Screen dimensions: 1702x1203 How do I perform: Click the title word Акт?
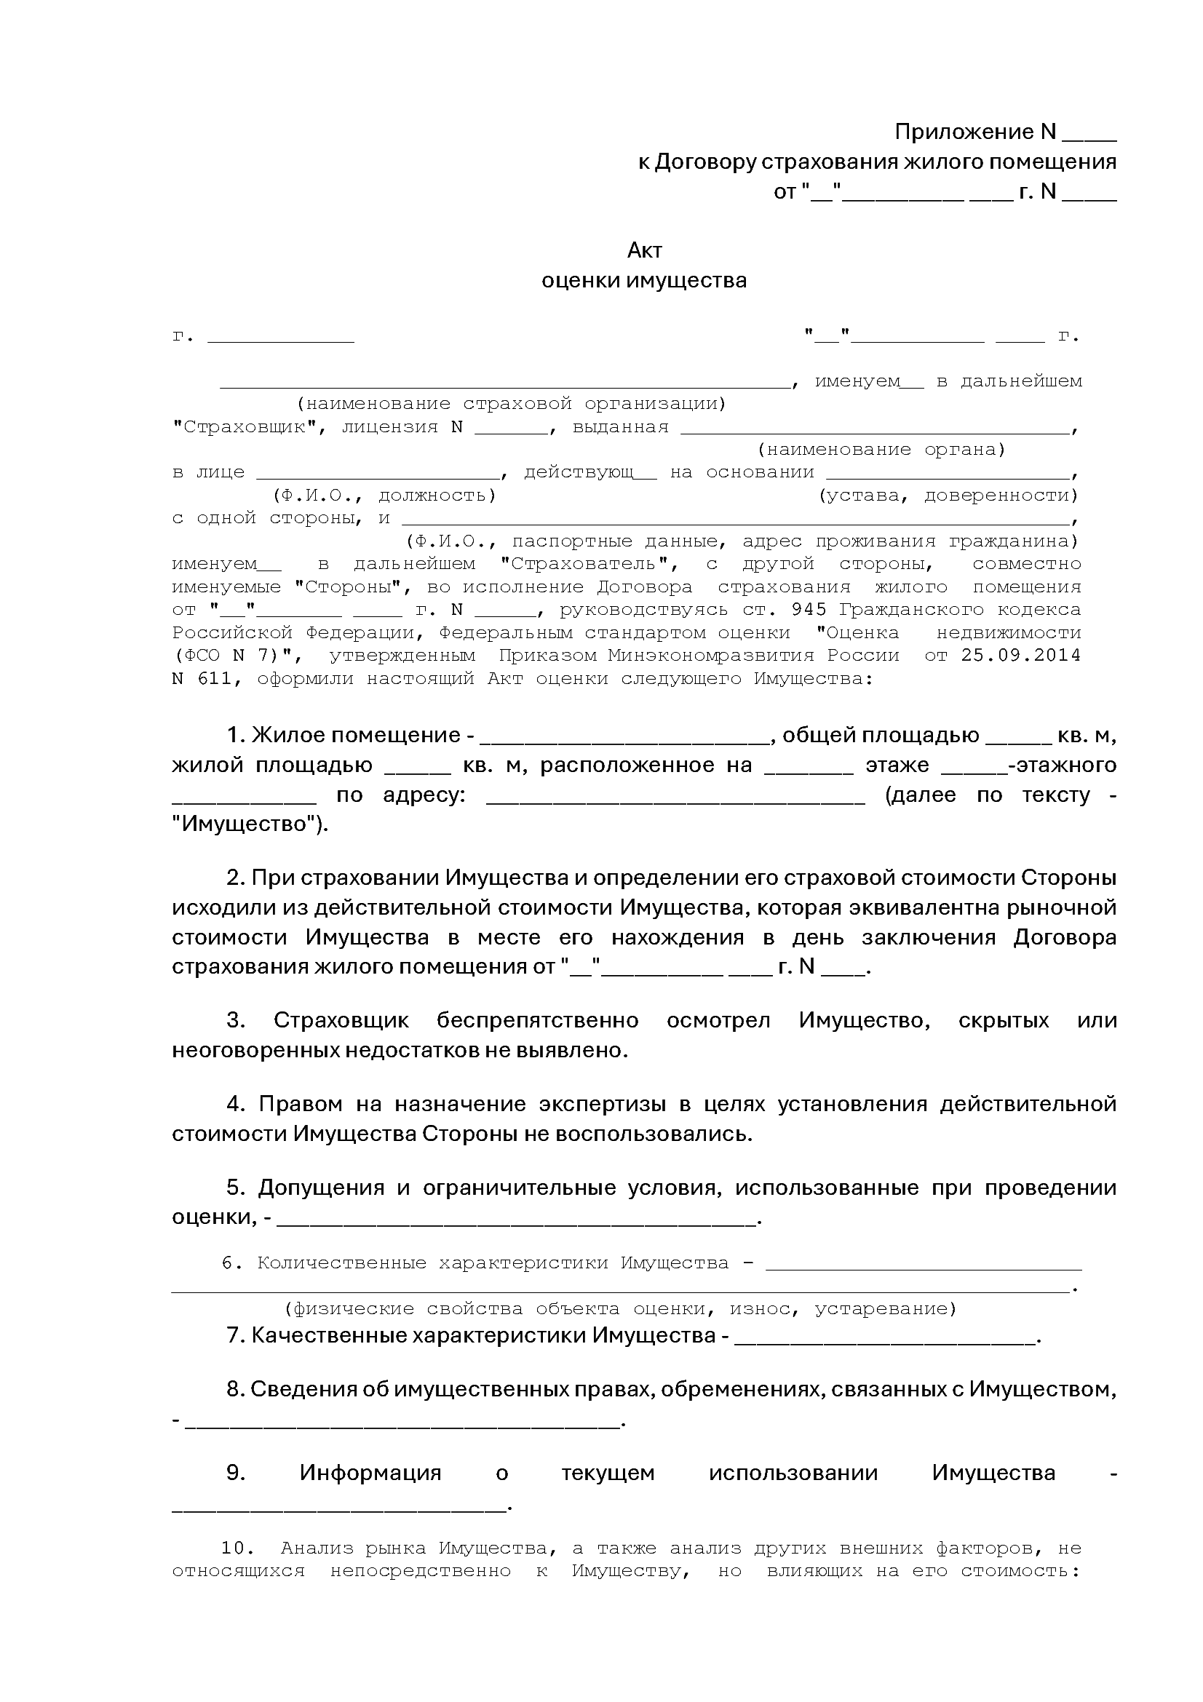(x=643, y=250)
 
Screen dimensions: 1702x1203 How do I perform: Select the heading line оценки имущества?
(x=643, y=281)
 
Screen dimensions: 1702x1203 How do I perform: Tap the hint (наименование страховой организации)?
(x=512, y=404)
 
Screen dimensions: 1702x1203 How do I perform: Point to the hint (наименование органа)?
(x=881, y=450)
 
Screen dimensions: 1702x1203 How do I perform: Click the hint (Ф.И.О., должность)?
(x=384, y=496)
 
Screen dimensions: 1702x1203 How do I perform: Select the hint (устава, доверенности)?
(x=948, y=496)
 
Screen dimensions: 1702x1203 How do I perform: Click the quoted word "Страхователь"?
(x=589, y=564)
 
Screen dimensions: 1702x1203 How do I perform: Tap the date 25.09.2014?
(x=1020, y=656)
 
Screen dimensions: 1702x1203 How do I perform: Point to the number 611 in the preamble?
(x=214, y=678)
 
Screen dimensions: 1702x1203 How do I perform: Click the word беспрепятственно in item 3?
(x=537, y=1021)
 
